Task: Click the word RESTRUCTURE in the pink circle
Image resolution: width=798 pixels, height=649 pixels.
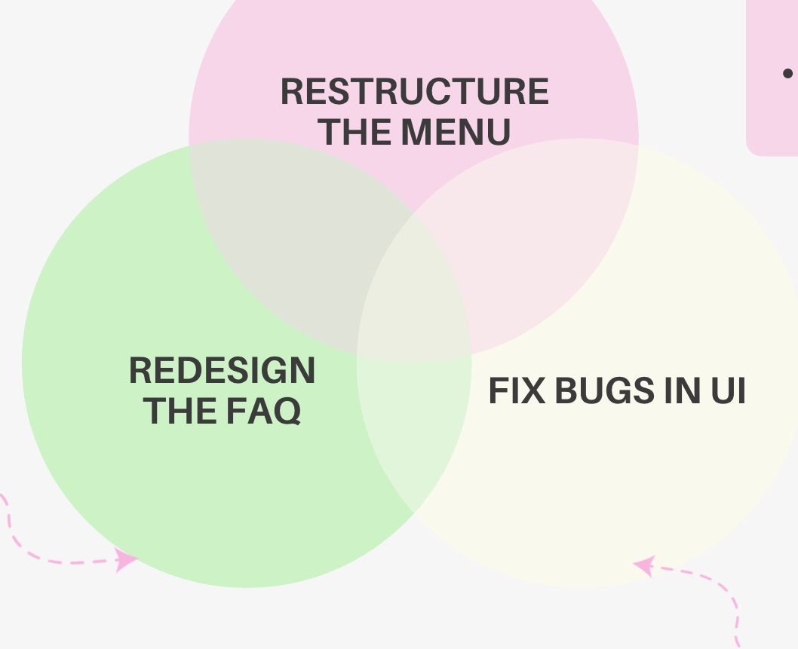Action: (x=414, y=92)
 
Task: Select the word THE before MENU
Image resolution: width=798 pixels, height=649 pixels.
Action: (x=354, y=132)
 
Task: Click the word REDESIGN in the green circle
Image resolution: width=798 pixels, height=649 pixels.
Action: (x=222, y=371)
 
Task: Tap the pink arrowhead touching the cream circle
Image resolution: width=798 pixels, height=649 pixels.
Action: (x=643, y=566)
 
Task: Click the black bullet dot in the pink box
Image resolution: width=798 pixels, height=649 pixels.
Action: (x=787, y=73)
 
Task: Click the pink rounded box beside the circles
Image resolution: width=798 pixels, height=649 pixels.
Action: (x=773, y=113)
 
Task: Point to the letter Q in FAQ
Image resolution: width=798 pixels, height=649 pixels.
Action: (x=287, y=412)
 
